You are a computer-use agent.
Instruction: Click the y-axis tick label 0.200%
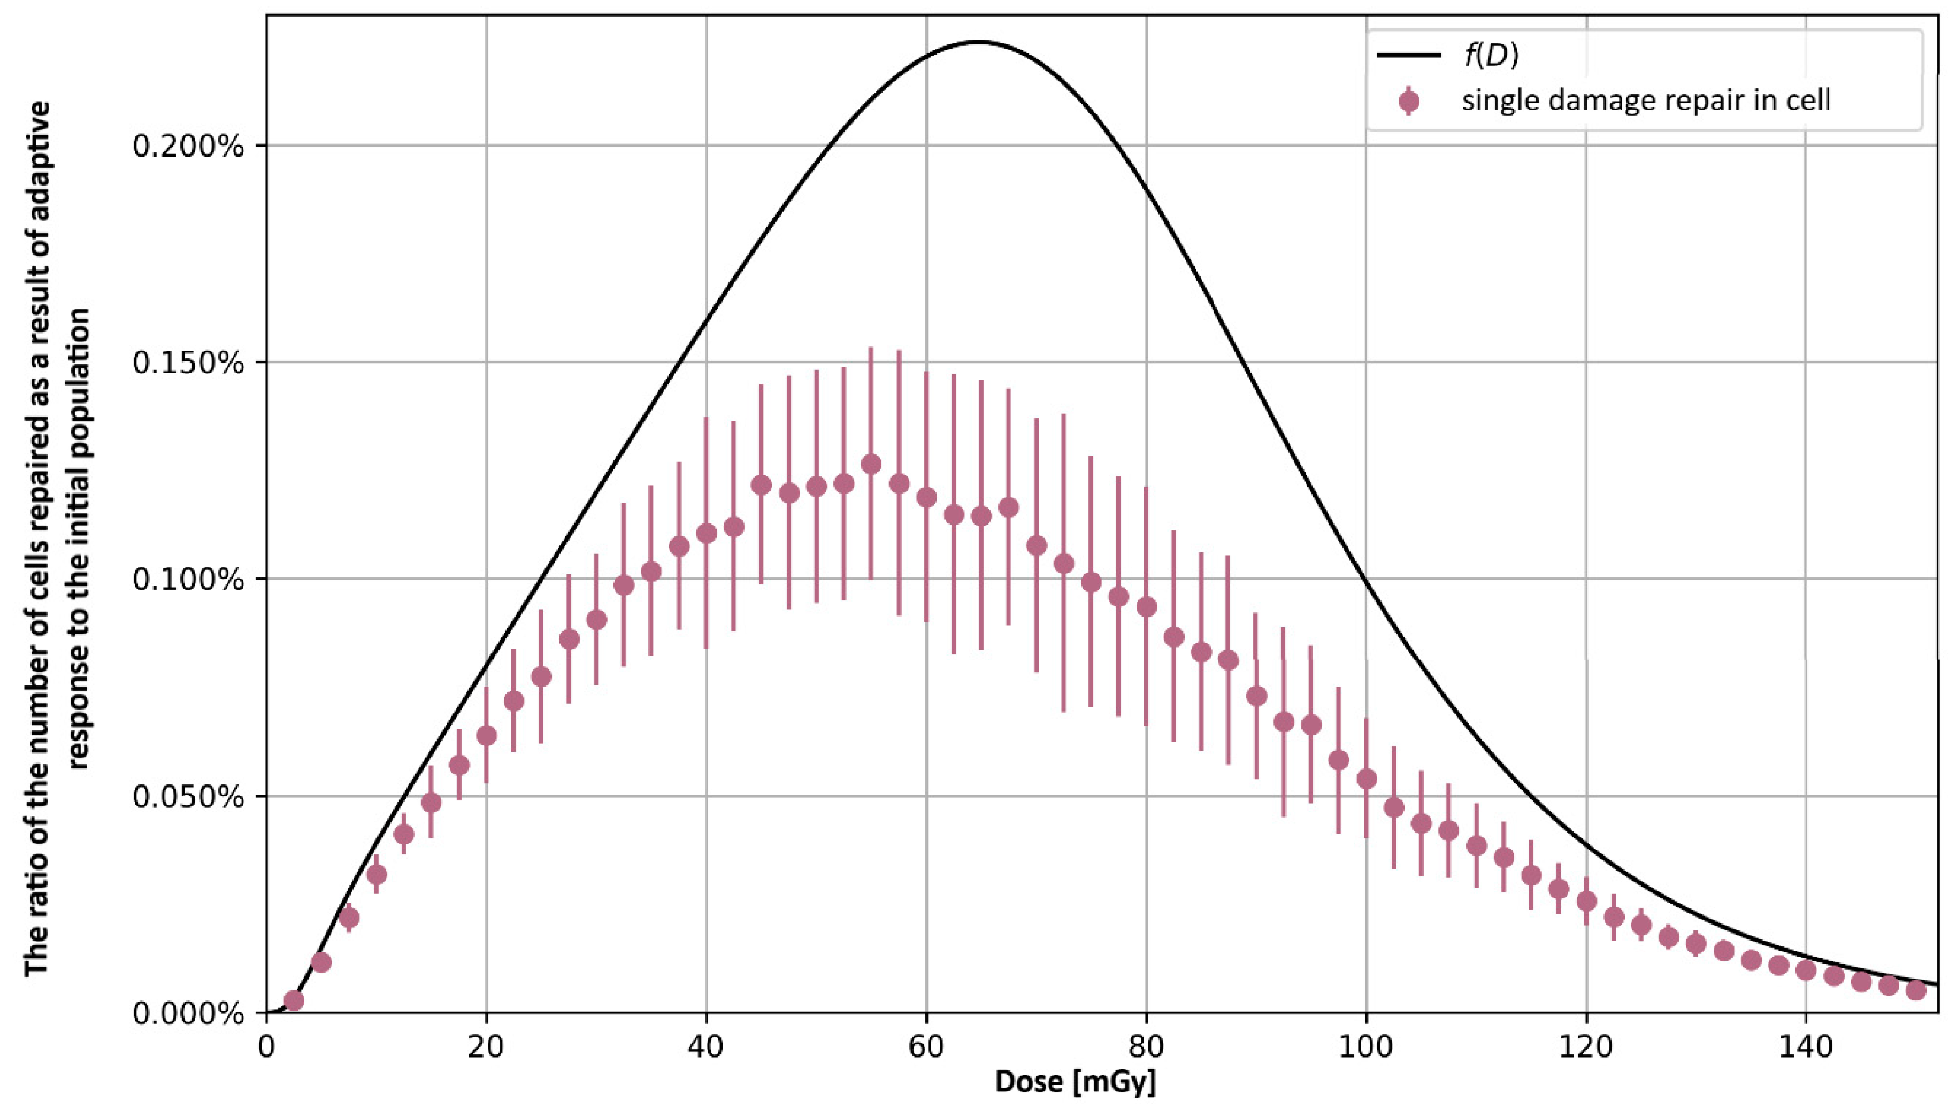(187, 146)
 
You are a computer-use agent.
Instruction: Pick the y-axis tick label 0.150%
(187, 363)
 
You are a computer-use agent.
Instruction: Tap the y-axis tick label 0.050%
(187, 797)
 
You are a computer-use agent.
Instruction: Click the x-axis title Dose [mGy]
(1075, 1082)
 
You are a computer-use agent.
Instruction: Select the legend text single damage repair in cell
(1646, 101)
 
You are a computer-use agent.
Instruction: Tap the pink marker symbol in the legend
(1409, 101)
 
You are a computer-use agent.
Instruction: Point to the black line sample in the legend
(1409, 55)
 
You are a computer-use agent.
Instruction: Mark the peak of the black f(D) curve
(978, 42)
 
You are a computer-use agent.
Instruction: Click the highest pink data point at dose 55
(871, 464)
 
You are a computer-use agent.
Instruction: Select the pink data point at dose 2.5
(294, 1000)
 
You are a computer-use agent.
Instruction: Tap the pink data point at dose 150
(1916, 990)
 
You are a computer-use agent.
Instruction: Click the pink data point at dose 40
(706, 533)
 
